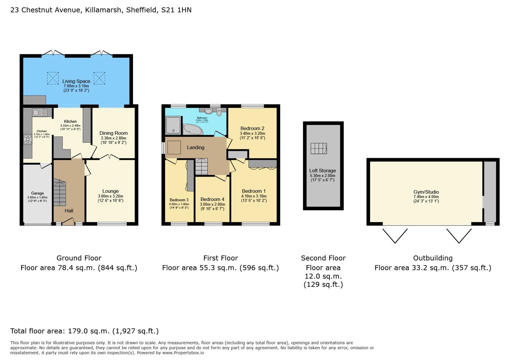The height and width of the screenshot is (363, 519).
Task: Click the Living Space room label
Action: pos(76,81)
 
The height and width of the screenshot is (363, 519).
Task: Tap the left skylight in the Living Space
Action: pos(52,78)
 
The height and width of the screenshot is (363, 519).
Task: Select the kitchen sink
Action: pos(40,112)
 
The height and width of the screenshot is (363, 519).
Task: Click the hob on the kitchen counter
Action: pos(28,139)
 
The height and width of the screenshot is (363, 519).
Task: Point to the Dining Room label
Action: pos(113,133)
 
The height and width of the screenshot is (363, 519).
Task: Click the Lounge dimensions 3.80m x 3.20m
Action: pos(110,196)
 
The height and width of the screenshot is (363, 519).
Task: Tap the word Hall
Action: pos(69,211)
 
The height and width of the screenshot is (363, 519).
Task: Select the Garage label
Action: pos(37,193)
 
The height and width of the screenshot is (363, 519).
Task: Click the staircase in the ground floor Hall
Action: pos(59,194)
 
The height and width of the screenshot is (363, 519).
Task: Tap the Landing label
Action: pos(195,148)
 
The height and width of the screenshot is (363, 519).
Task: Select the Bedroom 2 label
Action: pos(252,128)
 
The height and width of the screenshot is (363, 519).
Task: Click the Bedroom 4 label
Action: pos(212,199)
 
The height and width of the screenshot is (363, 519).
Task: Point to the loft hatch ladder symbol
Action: pos(319,148)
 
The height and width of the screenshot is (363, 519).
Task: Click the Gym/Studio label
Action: pos(426,192)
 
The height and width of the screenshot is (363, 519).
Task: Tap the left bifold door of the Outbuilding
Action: pos(395,235)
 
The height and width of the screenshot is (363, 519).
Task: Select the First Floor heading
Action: pos(221,258)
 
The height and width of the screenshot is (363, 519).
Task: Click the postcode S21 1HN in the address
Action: pos(176,10)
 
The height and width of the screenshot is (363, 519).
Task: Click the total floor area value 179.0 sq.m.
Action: pos(89,331)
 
